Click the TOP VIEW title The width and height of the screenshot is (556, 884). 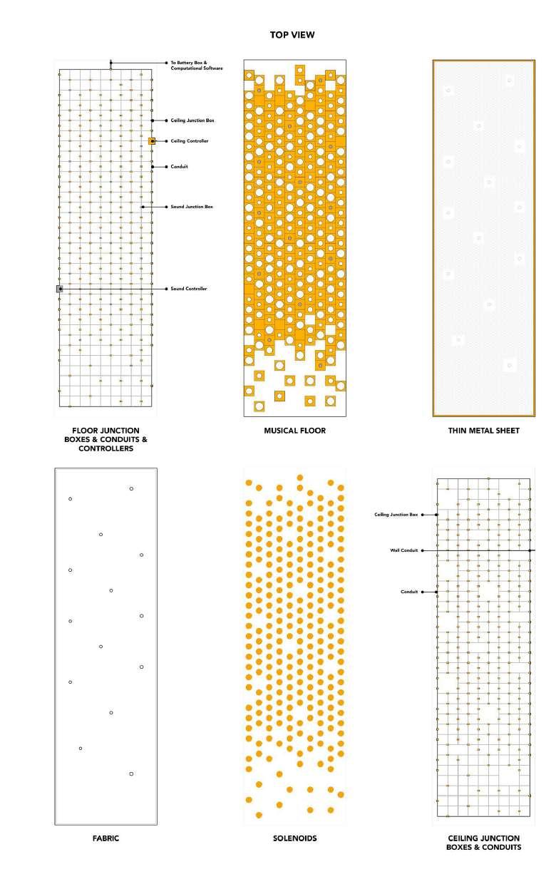tap(292, 34)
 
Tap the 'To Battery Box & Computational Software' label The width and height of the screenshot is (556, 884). tap(196, 65)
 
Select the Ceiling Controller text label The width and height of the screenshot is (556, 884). tap(190, 141)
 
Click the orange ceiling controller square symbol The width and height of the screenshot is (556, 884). tap(152, 141)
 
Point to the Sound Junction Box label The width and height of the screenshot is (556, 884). tap(192, 207)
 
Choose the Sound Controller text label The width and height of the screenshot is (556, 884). tap(189, 289)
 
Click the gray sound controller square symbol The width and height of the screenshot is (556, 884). tap(60, 289)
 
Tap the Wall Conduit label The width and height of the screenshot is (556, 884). tap(403, 550)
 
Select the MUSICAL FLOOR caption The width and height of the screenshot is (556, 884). tap(294, 431)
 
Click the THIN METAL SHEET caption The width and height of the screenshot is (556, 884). tap(483, 431)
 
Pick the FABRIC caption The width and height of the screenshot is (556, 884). tap(105, 838)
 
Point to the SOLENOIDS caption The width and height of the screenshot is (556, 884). tap(294, 838)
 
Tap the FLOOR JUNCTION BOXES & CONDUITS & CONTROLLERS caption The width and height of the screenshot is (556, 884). tap(105, 440)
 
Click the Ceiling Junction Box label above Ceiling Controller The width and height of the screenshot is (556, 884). tap(192, 120)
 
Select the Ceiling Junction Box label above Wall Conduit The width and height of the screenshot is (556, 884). tap(396, 514)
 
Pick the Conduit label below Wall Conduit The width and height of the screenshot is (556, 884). tap(409, 592)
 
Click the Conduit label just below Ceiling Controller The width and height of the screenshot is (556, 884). tap(179, 167)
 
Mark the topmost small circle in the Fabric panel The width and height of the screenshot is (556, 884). tap(131, 488)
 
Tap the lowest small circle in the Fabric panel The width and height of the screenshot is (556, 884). tap(131, 773)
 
